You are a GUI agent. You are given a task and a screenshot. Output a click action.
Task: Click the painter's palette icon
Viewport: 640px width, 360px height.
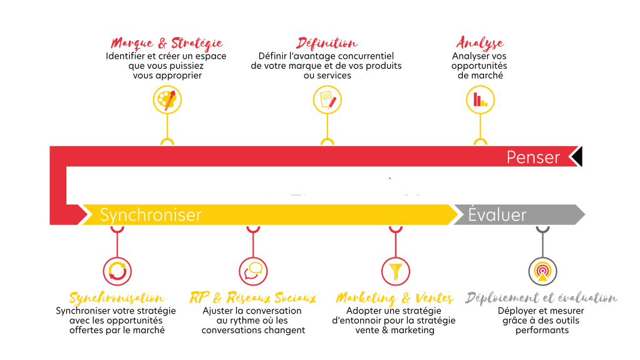[x=167, y=100]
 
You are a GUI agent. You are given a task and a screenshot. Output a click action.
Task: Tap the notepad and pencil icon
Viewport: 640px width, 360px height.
[x=328, y=100]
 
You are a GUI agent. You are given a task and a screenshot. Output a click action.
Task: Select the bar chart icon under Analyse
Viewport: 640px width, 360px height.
[x=480, y=100]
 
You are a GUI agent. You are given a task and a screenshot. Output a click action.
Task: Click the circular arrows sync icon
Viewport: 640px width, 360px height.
[x=117, y=271]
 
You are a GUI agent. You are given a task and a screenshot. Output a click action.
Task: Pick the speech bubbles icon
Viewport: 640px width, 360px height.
[x=253, y=271]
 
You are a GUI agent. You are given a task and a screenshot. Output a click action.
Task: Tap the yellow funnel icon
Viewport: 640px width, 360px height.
[x=396, y=271]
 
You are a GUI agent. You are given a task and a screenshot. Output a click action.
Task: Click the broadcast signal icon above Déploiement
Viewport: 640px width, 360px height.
[x=542, y=271]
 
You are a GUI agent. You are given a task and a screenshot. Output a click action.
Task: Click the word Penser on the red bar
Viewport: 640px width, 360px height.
[x=533, y=157]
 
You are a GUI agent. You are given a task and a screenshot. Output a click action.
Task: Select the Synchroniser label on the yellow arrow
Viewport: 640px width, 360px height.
[x=151, y=215]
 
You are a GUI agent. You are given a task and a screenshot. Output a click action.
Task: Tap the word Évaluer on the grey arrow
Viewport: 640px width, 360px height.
[x=497, y=215]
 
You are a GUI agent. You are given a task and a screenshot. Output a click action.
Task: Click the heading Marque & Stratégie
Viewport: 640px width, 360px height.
[x=167, y=44]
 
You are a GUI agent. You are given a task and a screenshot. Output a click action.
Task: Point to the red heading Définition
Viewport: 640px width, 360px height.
[x=328, y=44]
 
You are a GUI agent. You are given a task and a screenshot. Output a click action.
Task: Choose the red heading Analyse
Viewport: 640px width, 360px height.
[x=480, y=44]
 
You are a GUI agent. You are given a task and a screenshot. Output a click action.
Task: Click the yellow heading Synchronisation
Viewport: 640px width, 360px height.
[x=117, y=298]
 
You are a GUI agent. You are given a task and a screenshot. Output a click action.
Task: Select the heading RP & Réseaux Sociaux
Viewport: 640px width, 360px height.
[x=252, y=298]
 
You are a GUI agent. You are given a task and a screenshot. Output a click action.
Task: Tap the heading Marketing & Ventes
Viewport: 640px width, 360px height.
[x=395, y=298]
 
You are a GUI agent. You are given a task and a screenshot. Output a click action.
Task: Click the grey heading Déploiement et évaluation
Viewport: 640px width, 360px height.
[x=542, y=298]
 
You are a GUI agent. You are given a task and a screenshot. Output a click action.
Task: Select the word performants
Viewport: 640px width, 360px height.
[x=542, y=330]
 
